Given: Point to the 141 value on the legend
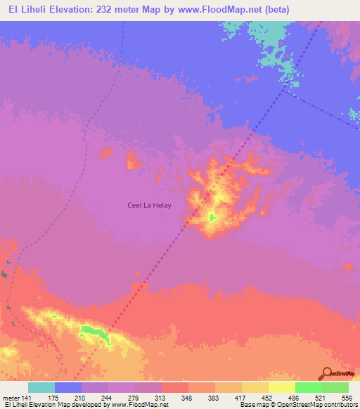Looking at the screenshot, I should coord(26,398).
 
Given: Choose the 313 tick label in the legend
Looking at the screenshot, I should coord(161,398).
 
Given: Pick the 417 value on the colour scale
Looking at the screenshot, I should coord(241,398).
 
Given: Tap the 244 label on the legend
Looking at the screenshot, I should coord(108,398).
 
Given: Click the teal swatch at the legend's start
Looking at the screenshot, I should coord(41,387).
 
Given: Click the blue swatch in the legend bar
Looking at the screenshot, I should coord(67,387).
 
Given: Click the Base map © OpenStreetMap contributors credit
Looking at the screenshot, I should coord(297,405).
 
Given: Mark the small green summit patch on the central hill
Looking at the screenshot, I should coord(212,217).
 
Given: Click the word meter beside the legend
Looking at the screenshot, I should coord(10,398).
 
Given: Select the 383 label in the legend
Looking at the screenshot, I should coord(214,398).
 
